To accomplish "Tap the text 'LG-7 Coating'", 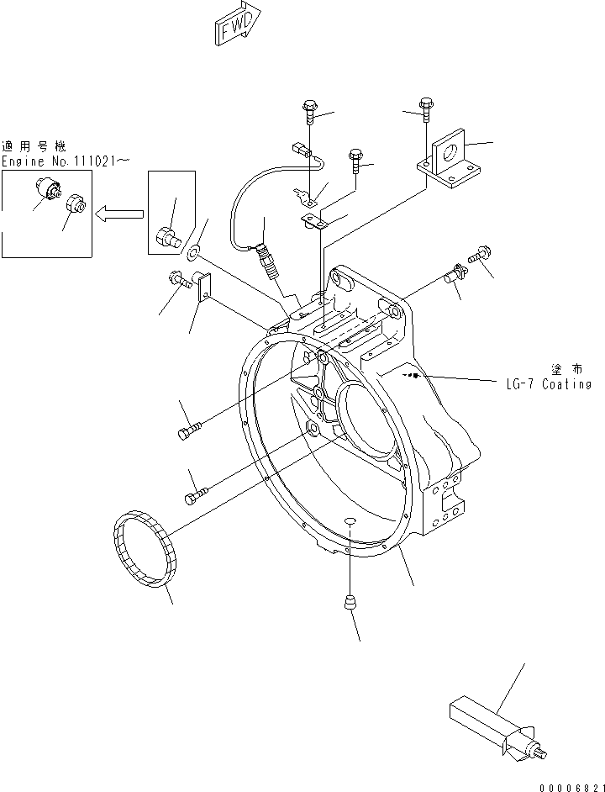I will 550,385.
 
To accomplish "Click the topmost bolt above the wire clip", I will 307,108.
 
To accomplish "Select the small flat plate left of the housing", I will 203,287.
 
